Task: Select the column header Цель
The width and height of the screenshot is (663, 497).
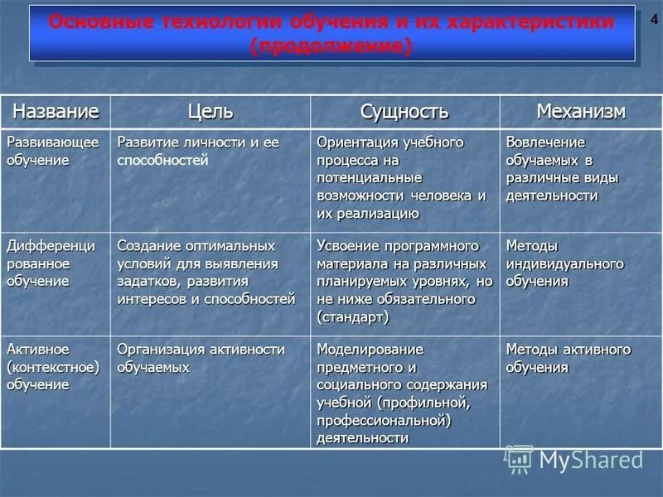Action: (210, 111)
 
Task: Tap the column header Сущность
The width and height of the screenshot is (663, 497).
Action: (404, 111)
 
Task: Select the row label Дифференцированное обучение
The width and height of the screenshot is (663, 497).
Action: (51, 263)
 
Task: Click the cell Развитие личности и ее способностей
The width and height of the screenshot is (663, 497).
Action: (198, 152)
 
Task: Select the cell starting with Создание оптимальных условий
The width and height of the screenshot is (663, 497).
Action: (206, 273)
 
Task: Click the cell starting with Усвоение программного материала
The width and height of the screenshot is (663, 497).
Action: (404, 282)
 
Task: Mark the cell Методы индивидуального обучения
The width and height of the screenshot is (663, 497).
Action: (564, 263)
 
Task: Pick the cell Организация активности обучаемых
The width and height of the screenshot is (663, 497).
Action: (201, 358)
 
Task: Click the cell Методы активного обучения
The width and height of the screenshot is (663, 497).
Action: (569, 358)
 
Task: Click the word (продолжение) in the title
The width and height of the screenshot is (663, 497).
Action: (331, 47)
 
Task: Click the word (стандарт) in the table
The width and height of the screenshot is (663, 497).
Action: (352, 316)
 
